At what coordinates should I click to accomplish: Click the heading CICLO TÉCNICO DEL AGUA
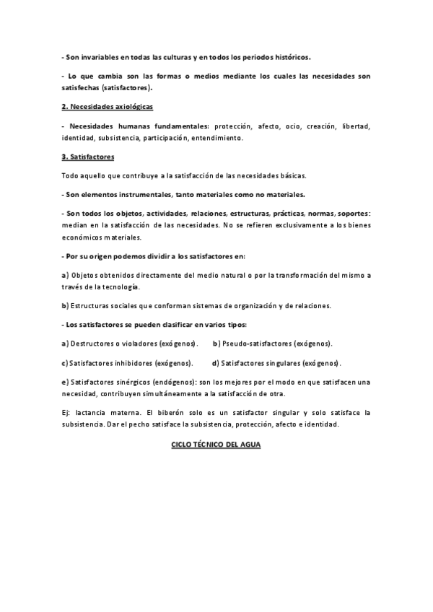[216, 445]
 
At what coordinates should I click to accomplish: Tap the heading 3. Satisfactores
[88, 157]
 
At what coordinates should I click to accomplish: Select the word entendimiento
[218, 137]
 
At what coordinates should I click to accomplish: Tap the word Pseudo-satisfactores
[258, 343]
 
